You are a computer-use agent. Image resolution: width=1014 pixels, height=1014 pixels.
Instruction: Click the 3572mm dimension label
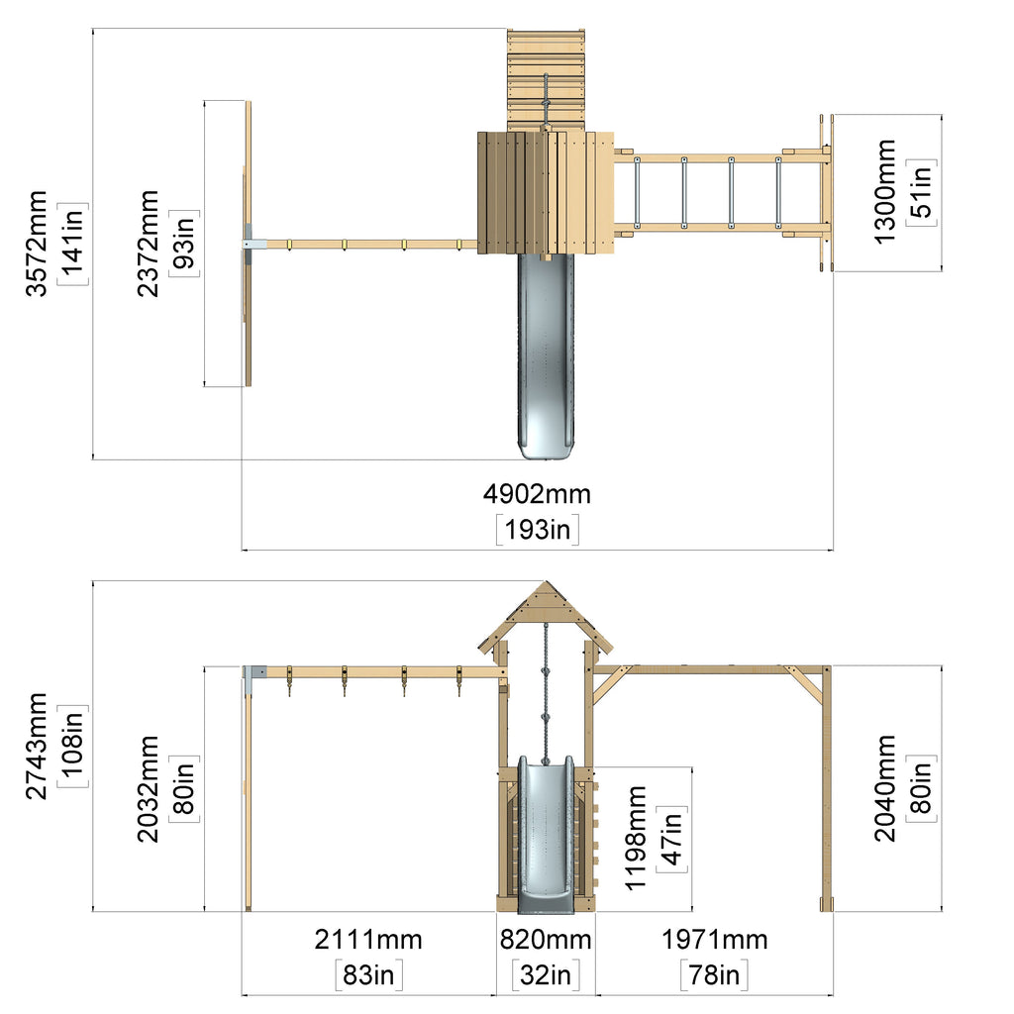(37, 244)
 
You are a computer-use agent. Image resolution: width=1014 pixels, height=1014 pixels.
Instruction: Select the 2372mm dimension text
(149, 244)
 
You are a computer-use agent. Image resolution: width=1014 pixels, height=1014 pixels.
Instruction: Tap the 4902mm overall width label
(537, 494)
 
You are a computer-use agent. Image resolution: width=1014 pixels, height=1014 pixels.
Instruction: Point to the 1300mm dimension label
(885, 192)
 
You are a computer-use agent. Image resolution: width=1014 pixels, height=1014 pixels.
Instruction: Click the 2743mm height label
(37, 747)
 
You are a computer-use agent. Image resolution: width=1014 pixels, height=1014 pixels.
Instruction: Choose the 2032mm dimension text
(149, 789)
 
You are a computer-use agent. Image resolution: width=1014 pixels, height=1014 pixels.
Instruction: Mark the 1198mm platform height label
(637, 838)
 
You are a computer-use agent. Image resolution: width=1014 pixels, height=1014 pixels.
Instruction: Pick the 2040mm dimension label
(885, 788)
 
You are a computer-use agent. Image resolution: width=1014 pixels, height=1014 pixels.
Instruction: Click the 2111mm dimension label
(368, 940)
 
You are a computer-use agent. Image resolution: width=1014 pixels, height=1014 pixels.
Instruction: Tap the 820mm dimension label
(546, 940)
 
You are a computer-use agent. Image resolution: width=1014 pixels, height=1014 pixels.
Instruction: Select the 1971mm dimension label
(714, 940)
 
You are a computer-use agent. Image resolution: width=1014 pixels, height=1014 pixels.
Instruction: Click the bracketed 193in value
(538, 530)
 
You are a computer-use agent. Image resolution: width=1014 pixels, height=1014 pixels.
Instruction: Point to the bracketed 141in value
(73, 244)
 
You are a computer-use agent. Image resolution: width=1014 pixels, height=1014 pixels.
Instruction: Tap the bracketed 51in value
(922, 192)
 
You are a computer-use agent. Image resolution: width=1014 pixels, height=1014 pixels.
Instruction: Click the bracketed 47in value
(672, 839)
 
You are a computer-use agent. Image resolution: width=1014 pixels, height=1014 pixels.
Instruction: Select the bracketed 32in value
(546, 975)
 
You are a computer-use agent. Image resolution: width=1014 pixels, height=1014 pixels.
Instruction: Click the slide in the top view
(546, 355)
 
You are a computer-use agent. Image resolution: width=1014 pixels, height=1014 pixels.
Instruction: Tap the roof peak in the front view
(547, 582)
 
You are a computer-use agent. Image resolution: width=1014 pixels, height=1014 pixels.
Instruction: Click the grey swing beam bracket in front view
(253, 672)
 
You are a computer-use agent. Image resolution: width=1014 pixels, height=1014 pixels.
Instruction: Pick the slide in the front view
(546, 834)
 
